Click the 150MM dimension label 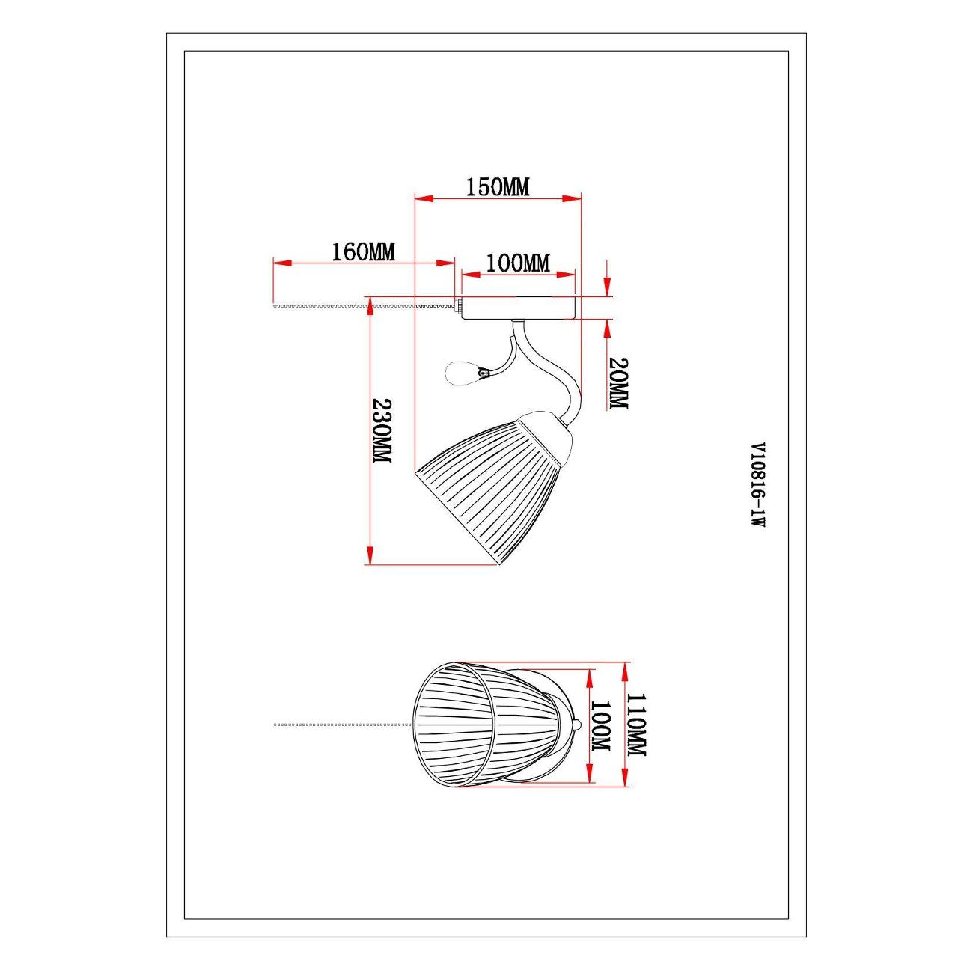point(498,187)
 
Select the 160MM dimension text point(363,251)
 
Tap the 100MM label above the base point(517,263)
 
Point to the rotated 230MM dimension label point(382,430)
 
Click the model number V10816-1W point(758,485)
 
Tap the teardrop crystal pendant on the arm point(461,373)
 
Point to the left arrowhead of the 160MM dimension point(282,263)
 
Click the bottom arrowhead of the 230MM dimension point(370,555)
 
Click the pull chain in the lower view point(344,725)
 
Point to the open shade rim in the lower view point(453,730)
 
